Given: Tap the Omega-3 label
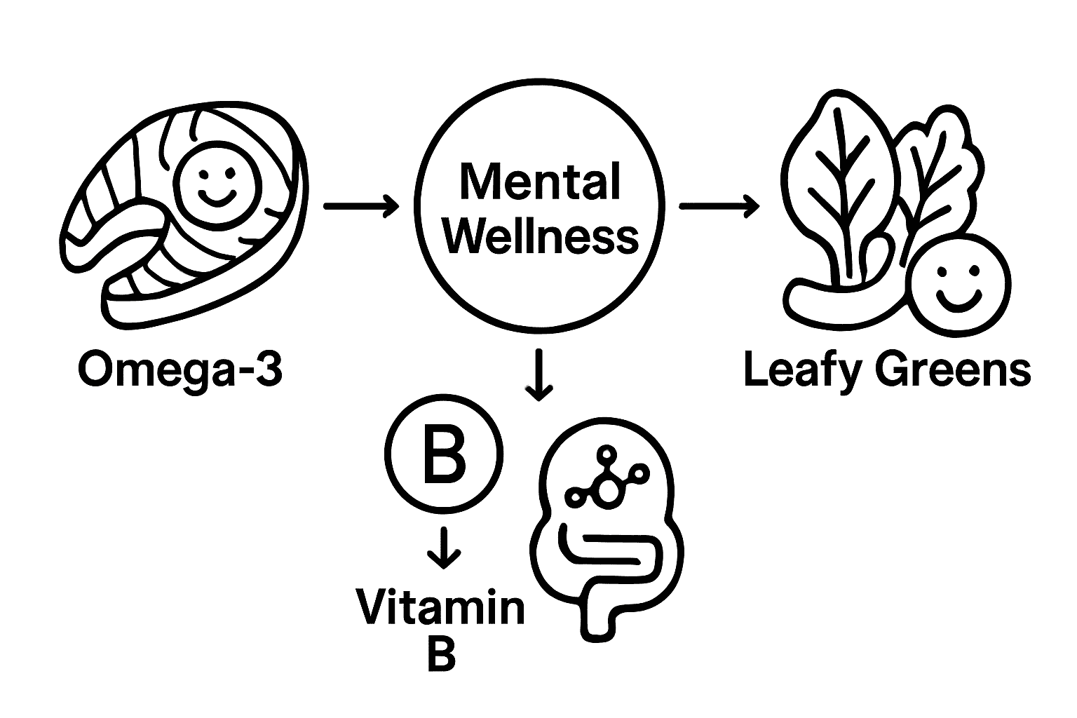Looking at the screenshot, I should click(x=180, y=369).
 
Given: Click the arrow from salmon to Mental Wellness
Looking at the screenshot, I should click(x=361, y=206).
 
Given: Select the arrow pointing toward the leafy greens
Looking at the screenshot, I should click(x=719, y=206).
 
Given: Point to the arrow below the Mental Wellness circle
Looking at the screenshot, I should click(x=538, y=374).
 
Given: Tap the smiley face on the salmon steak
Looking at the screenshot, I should click(x=215, y=182).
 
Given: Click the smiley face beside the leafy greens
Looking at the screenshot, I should click(x=958, y=287).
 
